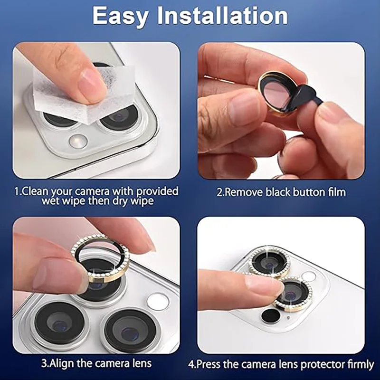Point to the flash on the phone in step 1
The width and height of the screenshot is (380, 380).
78,141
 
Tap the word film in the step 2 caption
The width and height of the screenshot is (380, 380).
335,192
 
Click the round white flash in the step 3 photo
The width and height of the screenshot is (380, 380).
158,300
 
